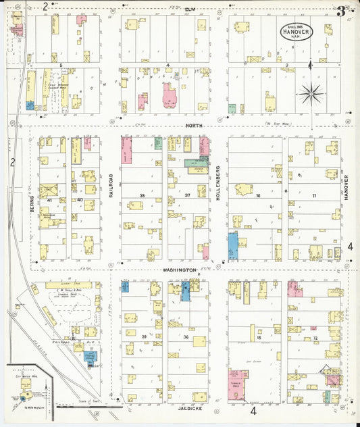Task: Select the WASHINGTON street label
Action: coord(179,270)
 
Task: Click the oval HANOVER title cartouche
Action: coord(297,31)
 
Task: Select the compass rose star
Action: coord(310,94)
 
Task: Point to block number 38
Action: coord(142,195)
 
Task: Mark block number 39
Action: coord(144,336)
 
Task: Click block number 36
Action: coord(186,336)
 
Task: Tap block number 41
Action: coord(49,200)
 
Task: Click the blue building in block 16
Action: coord(233,246)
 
